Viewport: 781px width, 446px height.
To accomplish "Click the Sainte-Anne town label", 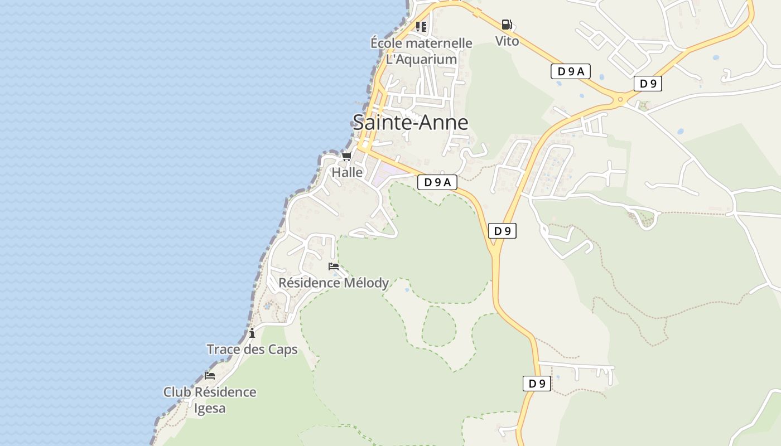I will [410, 122].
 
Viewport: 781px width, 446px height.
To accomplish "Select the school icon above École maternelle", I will [421, 26].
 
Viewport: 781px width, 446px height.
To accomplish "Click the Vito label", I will [507, 41].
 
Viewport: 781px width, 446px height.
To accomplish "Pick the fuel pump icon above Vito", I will [507, 25].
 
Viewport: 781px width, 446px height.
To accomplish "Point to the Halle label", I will [347, 172].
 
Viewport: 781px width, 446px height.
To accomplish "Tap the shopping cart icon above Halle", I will [347, 156].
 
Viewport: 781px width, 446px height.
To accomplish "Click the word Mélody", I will [366, 283].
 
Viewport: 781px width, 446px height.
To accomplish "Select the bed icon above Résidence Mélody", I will [334, 266].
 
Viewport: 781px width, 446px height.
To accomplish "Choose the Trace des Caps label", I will [252, 350].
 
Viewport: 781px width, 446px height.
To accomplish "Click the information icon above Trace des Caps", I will [252, 333].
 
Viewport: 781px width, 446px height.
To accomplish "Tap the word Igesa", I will [210, 408].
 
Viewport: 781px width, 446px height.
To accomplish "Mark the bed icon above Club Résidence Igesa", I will [210, 376].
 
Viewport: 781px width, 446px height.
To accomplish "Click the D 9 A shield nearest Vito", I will [570, 71].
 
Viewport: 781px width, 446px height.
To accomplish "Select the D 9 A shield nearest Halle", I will [437, 182].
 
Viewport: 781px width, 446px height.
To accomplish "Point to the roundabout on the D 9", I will [620, 100].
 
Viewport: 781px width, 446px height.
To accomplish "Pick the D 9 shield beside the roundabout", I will [648, 84].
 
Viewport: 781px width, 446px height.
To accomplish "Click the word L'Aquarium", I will [422, 59].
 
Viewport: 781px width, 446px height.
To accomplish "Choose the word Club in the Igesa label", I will [176, 392].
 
